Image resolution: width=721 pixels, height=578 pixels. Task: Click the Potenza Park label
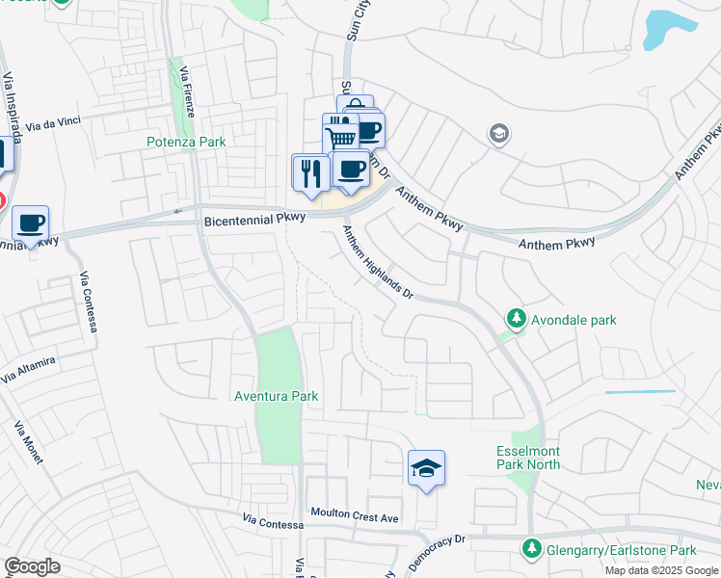[x=186, y=142]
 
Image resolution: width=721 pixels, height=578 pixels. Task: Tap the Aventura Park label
[x=276, y=396]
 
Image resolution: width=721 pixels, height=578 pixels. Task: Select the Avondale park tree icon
[x=517, y=318]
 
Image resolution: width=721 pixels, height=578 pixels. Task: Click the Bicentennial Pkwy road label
[x=254, y=220]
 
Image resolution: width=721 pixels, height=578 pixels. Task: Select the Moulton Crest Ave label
[x=354, y=517]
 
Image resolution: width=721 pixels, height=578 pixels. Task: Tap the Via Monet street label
[x=30, y=441]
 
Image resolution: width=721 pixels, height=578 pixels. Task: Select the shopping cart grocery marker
[x=340, y=134]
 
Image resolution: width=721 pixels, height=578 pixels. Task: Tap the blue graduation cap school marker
[x=426, y=468]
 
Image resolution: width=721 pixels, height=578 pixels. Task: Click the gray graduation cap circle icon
[x=499, y=132]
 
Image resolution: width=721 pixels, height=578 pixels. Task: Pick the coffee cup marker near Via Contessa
[x=30, y=223]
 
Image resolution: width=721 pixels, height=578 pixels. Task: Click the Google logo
[x=32, y=567]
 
